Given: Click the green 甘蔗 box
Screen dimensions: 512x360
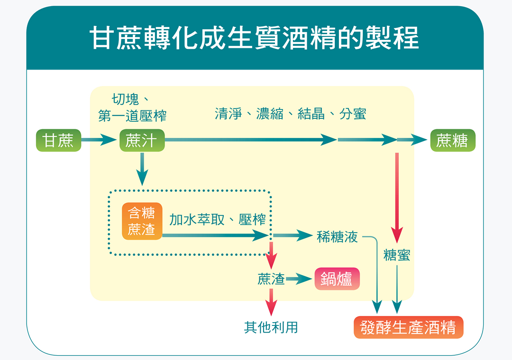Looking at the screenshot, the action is coord(58,140).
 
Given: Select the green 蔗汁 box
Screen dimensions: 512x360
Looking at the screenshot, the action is coord(142,140).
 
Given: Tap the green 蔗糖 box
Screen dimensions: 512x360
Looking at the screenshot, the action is coord(453,140).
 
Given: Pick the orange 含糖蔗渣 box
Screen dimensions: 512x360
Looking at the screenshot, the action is coord(142,221).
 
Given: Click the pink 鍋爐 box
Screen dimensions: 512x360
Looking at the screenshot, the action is coord(337,279).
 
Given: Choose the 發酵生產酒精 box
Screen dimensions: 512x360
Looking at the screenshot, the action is coord(409,327).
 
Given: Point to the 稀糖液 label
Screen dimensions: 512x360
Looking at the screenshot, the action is coord(338,237).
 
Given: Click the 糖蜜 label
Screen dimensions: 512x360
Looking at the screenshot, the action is coord(397,255).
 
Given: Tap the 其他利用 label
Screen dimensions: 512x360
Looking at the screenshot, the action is coord(271,327).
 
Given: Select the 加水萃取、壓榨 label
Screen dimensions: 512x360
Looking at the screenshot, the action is coord(218,220).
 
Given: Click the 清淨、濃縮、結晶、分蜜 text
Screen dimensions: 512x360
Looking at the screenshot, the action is coord(291,114).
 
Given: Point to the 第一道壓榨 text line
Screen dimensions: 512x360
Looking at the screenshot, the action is coord(132,116).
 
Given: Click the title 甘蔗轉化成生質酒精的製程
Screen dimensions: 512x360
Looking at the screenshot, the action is coord(254,38).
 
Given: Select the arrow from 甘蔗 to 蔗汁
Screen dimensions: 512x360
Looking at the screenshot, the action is coord(99,140).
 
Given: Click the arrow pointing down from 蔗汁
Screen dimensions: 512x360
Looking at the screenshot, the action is coord(142,169).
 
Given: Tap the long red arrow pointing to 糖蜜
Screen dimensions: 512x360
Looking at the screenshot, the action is coord(397,198).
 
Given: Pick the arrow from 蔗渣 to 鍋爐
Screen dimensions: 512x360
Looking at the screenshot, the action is coord(299,279).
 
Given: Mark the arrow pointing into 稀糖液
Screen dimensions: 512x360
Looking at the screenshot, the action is coord(293,235).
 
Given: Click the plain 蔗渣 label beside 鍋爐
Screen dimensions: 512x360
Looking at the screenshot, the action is coord(271,279).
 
